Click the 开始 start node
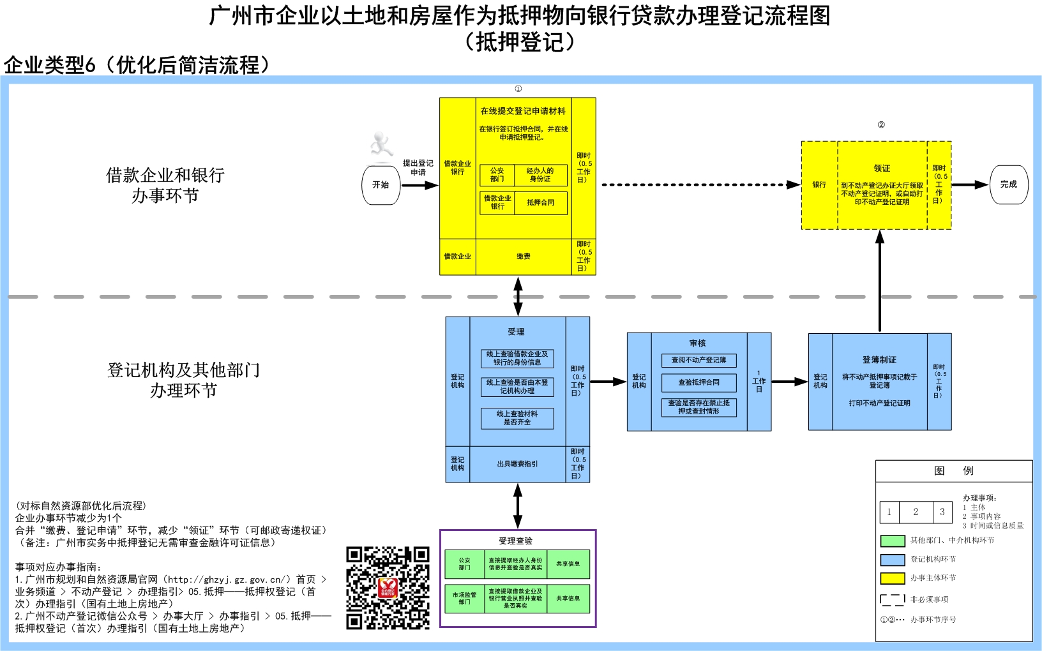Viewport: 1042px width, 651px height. click(x=381, y=185)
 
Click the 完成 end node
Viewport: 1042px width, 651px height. click(x=1009, y=184)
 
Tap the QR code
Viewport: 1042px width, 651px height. click(x=388, y=588)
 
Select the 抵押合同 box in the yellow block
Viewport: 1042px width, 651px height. click(x=540, y=203)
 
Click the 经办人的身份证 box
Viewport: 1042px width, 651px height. click(x=540, y=175)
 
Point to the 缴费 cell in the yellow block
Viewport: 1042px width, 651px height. click(x=524, y=257)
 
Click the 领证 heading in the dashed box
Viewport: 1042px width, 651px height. click(x=882, y=168)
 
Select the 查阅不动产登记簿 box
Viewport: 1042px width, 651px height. click(x=698, y=361)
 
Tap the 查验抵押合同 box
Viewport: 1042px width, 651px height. click(x=698, y=382)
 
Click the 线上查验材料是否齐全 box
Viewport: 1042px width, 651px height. click(x=517, y=418)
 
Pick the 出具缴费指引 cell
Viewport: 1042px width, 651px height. click(x=517, y=464)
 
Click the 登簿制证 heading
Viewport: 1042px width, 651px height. click(x=879, y=360)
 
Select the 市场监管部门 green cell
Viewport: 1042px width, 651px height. click(x=464, y=598)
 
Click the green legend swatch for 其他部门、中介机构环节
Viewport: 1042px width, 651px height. click(x=892, y=541)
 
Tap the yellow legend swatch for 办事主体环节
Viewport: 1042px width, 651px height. click(x=892, y=578)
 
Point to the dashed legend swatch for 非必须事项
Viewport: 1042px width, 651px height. click(x=892, y=599)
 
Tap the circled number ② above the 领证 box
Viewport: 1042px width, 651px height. click(x=881, y=124)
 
